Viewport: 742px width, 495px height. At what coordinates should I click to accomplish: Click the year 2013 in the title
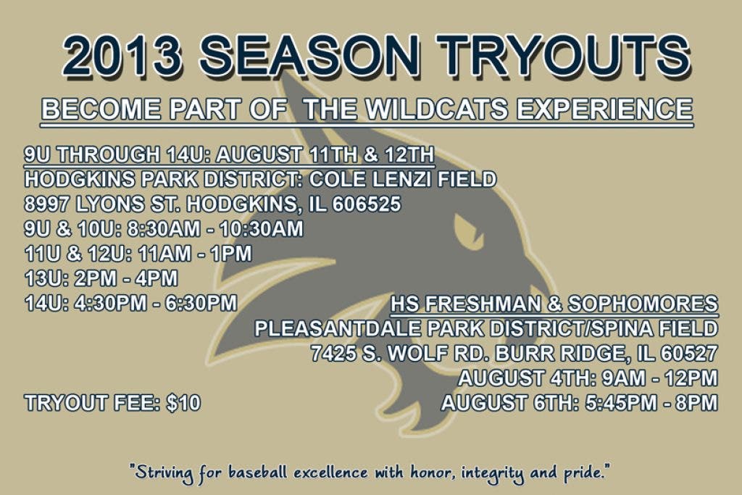[122, 56]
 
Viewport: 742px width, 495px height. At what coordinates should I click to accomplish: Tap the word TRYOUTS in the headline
[562, 56]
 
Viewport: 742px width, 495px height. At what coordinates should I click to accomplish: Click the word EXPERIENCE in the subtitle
[604, 109]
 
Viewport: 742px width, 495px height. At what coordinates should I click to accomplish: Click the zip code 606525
[366, 204]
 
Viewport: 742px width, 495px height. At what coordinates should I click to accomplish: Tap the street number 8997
[47, 204]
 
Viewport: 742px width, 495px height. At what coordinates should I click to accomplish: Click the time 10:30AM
[261, 229]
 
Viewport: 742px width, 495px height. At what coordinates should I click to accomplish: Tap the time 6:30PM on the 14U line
[201, 303]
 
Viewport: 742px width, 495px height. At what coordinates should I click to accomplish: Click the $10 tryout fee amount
[183, 403]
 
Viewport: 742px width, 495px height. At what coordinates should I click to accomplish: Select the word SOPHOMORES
[643, 304]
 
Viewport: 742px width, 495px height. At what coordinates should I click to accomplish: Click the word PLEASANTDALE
[337, 328]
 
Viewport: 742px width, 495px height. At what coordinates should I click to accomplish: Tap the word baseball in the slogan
[258, 473]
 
